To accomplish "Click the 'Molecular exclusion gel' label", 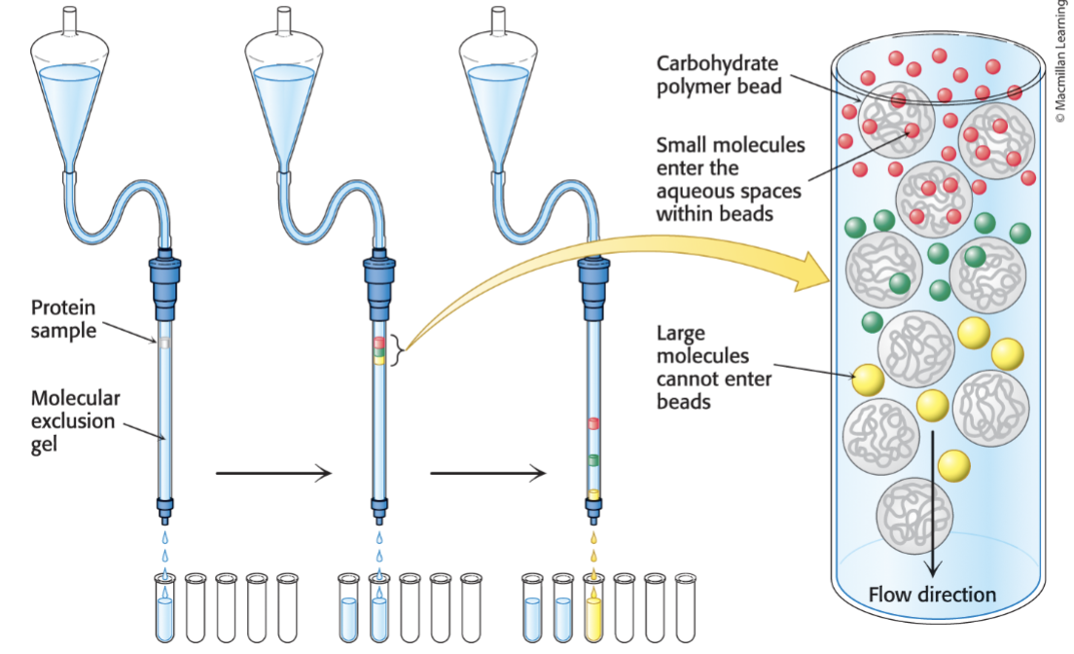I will click(75, 420).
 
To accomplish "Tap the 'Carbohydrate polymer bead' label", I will click(716, 75).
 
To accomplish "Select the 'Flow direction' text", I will click(932, 594).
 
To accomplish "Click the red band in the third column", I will click(592, 423).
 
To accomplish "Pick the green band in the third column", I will click(592, 459).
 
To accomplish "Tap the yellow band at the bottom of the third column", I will click(592, 494).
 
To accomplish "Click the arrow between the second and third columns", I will click(486, 474).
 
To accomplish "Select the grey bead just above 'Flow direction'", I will click(914, 517).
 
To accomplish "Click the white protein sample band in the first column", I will click(164, 343).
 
